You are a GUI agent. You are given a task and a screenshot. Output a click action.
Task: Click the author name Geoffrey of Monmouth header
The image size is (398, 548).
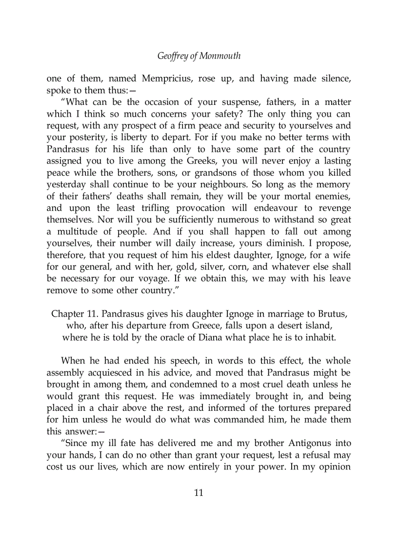point(199,56)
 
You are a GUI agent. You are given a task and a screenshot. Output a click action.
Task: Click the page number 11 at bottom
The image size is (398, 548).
point(199,492)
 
